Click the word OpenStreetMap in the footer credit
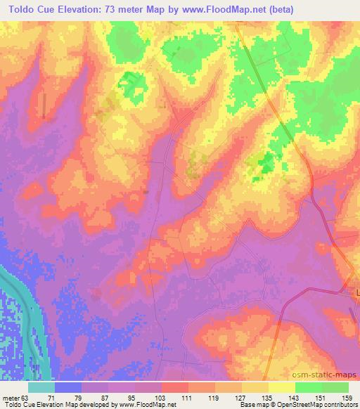click(295, 405)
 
